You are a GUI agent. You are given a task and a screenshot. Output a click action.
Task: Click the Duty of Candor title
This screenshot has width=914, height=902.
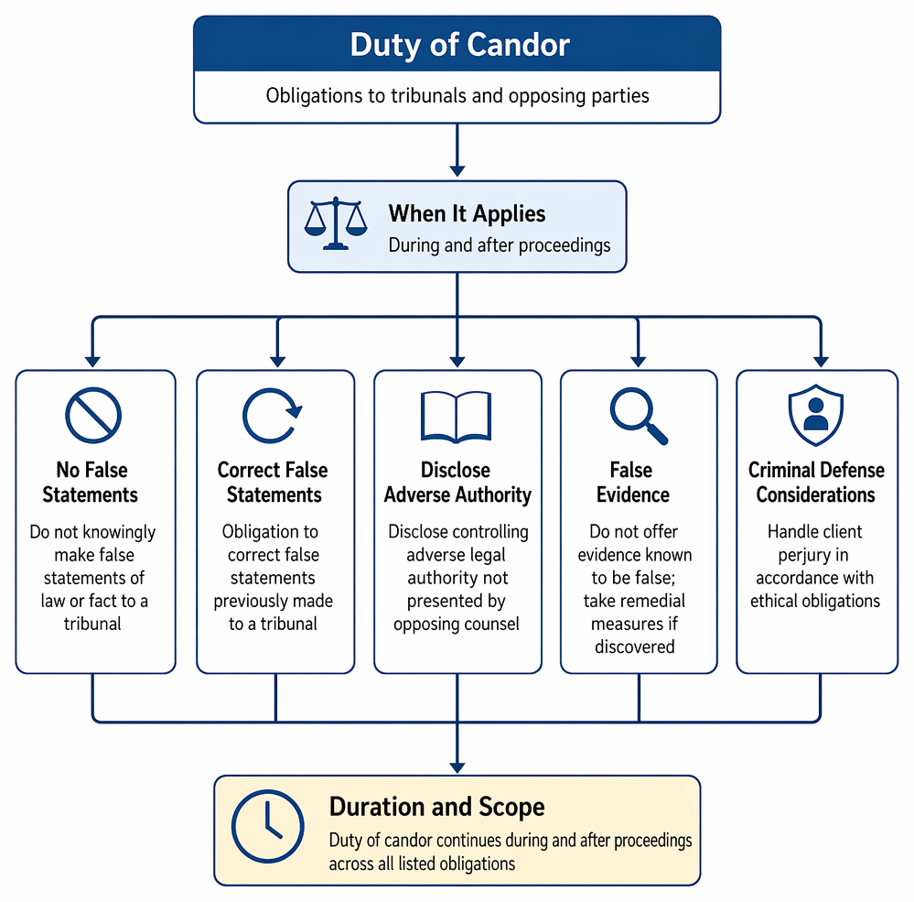[x=459, y=45]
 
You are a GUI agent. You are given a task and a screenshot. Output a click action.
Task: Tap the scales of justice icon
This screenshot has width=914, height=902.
[x=336, y=223]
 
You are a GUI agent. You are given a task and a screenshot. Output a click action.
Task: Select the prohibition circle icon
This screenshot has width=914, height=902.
[x=93, y=416]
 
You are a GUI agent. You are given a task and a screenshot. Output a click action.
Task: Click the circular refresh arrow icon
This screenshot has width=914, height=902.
[x=272, y=416]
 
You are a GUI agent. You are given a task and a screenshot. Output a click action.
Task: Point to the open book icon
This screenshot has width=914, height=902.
[x=457, y=417]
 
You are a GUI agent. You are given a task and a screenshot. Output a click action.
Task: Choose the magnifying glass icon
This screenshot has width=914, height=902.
[x=639, y=416]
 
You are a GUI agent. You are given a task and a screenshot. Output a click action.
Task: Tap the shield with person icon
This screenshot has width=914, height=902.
[x=816, y=415]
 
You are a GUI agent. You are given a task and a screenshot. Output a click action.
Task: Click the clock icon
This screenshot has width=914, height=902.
[x=267, y=826]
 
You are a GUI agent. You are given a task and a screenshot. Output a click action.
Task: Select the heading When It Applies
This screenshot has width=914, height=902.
[x=467, y=213]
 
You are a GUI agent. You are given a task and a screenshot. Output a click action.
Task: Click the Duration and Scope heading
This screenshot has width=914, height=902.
[x=436, y=807]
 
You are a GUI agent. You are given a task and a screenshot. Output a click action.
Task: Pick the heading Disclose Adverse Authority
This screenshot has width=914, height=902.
[x=457, y=483]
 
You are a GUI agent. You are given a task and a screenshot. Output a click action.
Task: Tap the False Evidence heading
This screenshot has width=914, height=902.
[x=632, y=483]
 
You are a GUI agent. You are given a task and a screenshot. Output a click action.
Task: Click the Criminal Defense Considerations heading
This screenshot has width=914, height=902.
[x=816, y=483]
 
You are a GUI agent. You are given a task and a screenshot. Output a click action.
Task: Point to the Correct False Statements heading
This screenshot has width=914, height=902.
[x=273, y=483]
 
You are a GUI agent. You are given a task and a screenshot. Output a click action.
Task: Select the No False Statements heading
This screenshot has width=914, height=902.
[x=91, y=483]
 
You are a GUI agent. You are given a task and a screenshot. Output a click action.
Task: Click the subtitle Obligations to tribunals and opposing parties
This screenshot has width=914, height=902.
[x=457, y=95]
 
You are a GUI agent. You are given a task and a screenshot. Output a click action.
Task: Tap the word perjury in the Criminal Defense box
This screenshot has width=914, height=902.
[x=813, y=555]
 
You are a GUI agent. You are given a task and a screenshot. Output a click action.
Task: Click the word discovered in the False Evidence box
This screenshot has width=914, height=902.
[x=635, y=647]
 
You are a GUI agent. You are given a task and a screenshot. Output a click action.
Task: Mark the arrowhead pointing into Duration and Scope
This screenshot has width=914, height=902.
[x=457, y=767]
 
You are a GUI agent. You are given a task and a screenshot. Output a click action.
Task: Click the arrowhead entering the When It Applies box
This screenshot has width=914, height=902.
[x=457, y=170]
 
